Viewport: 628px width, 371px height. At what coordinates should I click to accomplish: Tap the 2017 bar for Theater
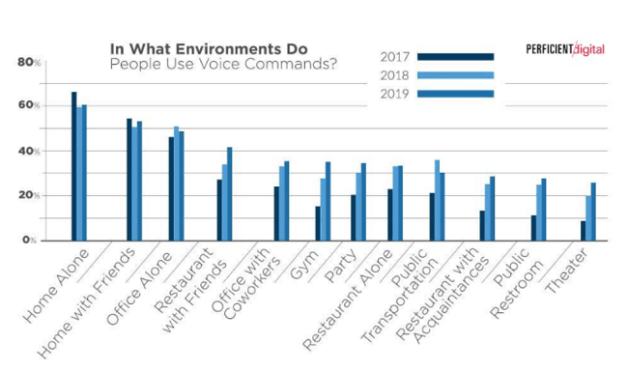click(x=583, y=230)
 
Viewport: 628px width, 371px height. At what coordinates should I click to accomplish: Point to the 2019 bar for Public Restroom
click(x=543, y=209)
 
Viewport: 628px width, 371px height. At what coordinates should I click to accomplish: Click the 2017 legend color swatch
click(x=458, y=57)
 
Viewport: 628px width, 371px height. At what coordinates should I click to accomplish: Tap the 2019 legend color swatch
click(x=458, y=94)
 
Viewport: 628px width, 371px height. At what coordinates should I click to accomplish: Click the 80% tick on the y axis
click(x=28, y=62)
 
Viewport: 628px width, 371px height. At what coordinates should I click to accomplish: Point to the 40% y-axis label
click(x=28, y=152)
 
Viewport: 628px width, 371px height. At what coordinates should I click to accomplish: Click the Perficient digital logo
click(x=565, y=49)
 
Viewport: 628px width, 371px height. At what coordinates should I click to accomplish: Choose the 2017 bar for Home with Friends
click(x=129, y=180)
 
